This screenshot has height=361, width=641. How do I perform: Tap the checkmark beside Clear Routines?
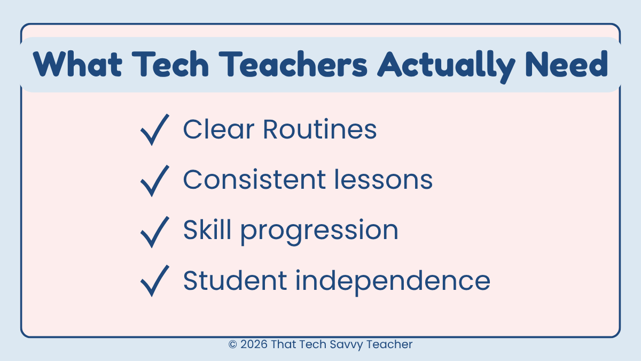point(154,129)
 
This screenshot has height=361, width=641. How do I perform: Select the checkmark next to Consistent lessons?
point(154,181)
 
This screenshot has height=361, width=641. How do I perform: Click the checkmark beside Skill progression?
point(154,232)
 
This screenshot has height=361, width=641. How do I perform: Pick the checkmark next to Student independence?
point(154,281)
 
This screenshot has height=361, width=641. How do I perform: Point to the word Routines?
point(319,129)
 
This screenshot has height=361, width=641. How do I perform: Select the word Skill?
point(207,231)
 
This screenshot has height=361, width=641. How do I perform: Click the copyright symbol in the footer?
point(232,345)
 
